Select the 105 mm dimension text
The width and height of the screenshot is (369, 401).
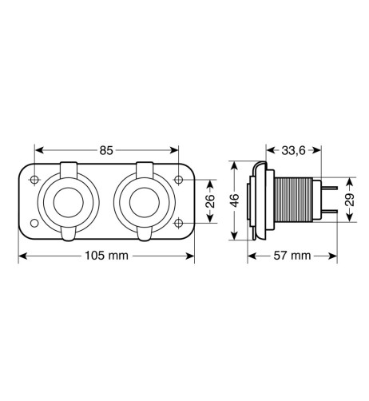coord(105,256)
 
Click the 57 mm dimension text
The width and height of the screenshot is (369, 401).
coord(289,256)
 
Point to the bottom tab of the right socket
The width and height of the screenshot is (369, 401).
coord(144,234)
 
